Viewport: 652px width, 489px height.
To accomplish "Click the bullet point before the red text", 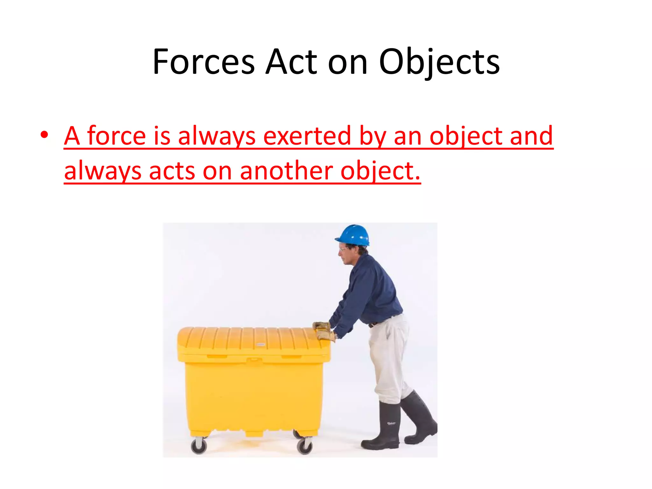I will tap(44, 135).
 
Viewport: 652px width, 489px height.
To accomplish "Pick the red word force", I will tap(117, 136).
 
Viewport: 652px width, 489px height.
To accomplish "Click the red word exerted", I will tap(307, 136).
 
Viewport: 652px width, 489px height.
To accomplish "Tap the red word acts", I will tap(172, 171).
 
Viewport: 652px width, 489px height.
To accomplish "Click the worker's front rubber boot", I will tap(384, 427).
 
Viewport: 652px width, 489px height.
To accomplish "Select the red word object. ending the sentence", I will tap(380, 171).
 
